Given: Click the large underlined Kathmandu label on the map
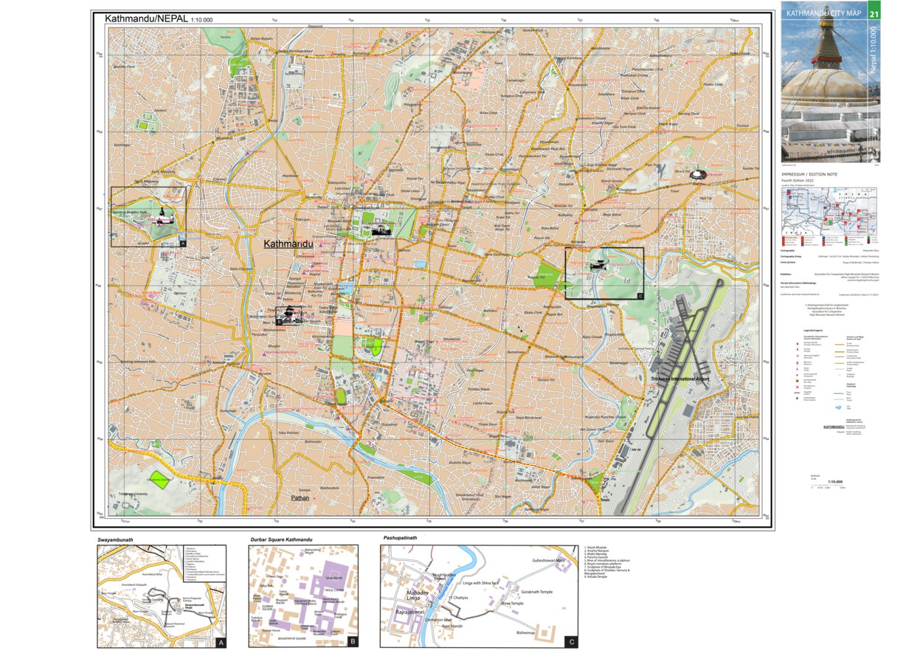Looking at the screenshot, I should [x=288, y=244].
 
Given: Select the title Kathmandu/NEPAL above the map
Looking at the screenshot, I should [x=146, y=18].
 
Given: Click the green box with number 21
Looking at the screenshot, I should [x=874, y=13].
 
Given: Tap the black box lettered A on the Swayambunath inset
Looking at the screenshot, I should [x=218, y=642].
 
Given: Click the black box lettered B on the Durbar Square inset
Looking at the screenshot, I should [x=353, y=642].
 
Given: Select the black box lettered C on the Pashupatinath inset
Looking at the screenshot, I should [x=570, y=642].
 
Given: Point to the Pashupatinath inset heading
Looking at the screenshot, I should [x=400, y=538].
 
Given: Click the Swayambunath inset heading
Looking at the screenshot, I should [x=120, y=540].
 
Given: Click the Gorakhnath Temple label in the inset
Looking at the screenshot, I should [x=536, y=592].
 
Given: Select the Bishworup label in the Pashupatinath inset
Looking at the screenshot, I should [x=525, y=632].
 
